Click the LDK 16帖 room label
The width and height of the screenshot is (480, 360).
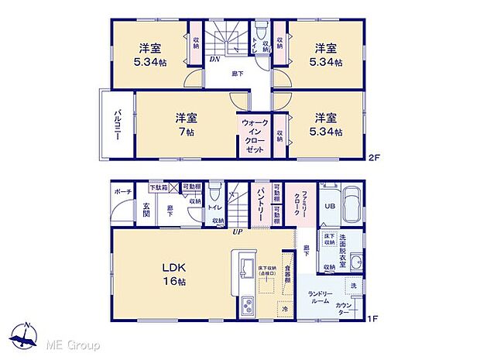pos(173,275)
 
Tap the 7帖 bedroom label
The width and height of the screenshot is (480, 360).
pos(185,124)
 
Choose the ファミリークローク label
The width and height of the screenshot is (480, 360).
pos(296,204)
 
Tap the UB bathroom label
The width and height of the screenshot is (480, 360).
pos(328,206)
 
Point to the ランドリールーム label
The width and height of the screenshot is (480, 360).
pos(320,296)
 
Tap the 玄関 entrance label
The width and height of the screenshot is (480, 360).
pos(146,211)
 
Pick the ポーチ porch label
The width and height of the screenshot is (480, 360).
pos(123,191)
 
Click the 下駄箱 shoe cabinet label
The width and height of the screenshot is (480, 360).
pos(158,187)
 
